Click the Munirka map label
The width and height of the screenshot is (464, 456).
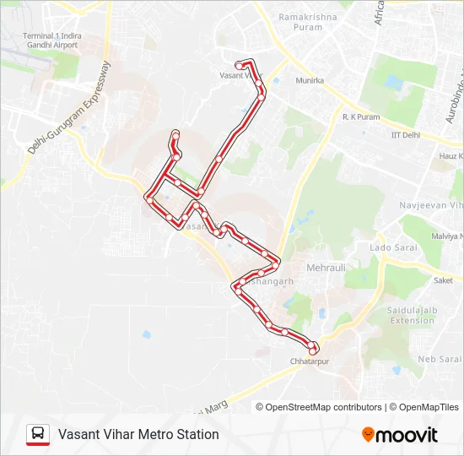point(310,81)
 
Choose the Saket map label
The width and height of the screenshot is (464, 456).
point(443,280)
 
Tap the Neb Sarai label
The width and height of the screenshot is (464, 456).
point(438,359)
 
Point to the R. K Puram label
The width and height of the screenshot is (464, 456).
point(361,117)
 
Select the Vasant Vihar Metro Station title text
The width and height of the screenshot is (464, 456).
point(138,435)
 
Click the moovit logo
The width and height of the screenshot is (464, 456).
point(400,435)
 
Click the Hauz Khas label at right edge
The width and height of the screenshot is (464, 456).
point(451,156)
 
